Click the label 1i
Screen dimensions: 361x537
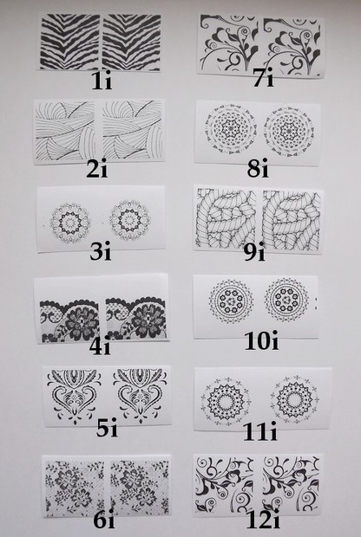tap(102, 82)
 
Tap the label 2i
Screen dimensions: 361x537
tap(97, 169)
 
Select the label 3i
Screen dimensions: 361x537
tap(101, 252)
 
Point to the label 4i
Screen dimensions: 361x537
tap(100, 346)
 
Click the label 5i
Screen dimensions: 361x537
tap(107, 428)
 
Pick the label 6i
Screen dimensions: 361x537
tap(104, 521)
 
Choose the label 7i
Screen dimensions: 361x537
tap(264, 78)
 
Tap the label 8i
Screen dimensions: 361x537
tap(258, 169)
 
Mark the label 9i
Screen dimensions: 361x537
tap(254, 252)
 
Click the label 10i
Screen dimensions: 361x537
tap(262, 341)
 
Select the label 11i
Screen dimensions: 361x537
tap(260, 432)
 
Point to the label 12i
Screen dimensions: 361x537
tap(263, 521)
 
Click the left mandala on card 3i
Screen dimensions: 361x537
tap(70, 223)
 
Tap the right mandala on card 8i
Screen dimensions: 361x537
tap(289, 132)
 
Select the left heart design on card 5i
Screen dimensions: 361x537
tap(74, 396)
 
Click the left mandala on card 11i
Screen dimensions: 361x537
tap(226, 401)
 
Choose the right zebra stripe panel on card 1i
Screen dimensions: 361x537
tap(131, 42)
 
